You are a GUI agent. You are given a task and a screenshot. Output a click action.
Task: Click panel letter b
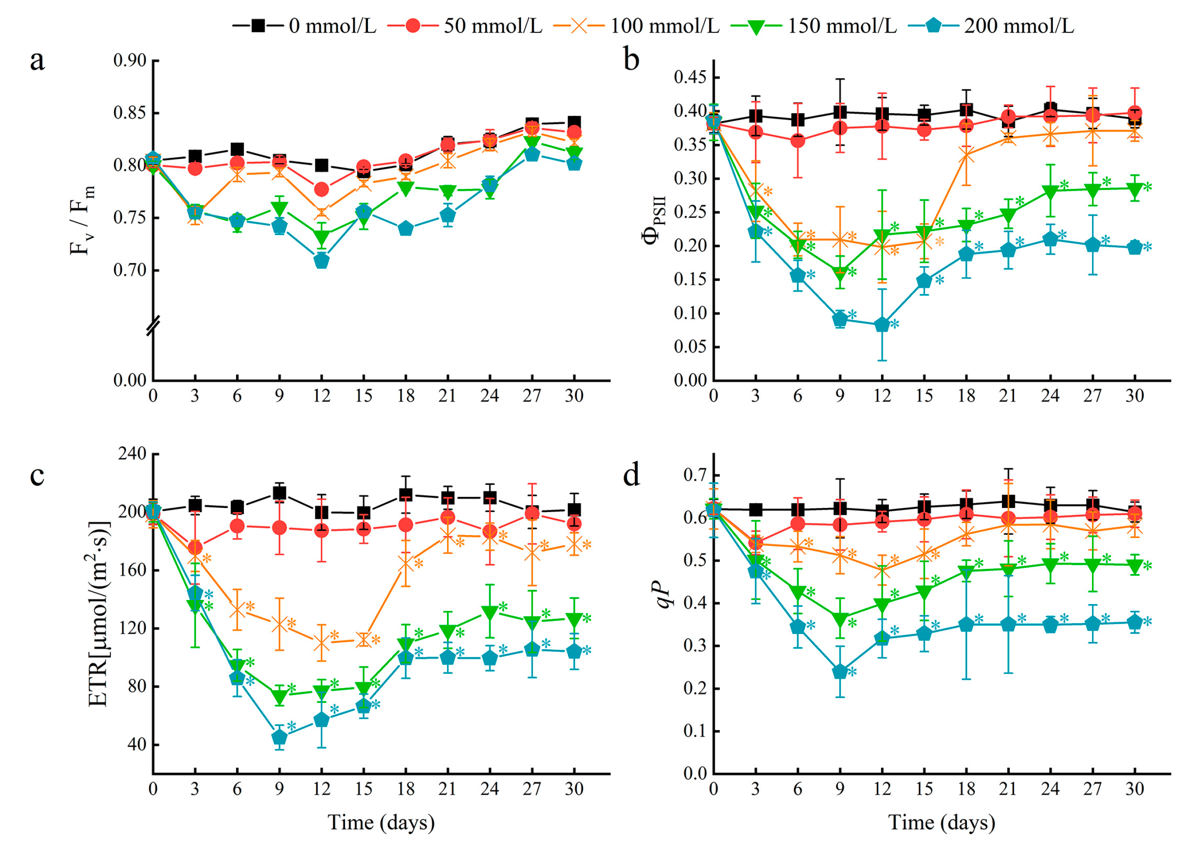pyautogui.click(x=631, y=60)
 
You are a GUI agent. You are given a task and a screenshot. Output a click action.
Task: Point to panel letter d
pyautogui.click(x=631, y=475)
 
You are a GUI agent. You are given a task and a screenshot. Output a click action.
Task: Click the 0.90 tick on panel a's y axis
pyautogui.click(x=130, y=61)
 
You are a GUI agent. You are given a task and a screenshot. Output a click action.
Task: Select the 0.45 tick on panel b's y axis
pyautogui.click(x=690, y=78)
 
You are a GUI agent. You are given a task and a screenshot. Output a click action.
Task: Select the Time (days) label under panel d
pyautogui.click(x=942, y=822)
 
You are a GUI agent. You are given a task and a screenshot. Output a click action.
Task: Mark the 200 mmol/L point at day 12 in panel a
pyautogui.click(x=321, y=261)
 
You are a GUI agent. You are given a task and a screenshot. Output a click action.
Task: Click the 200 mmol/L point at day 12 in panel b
pyautogui.click(x=882, y=325)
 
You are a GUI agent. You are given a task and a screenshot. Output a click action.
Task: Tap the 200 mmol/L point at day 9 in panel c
pyautogui.click(x=279, y=737)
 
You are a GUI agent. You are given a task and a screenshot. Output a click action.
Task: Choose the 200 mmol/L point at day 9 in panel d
pyautogui.click(x=840, y=672)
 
